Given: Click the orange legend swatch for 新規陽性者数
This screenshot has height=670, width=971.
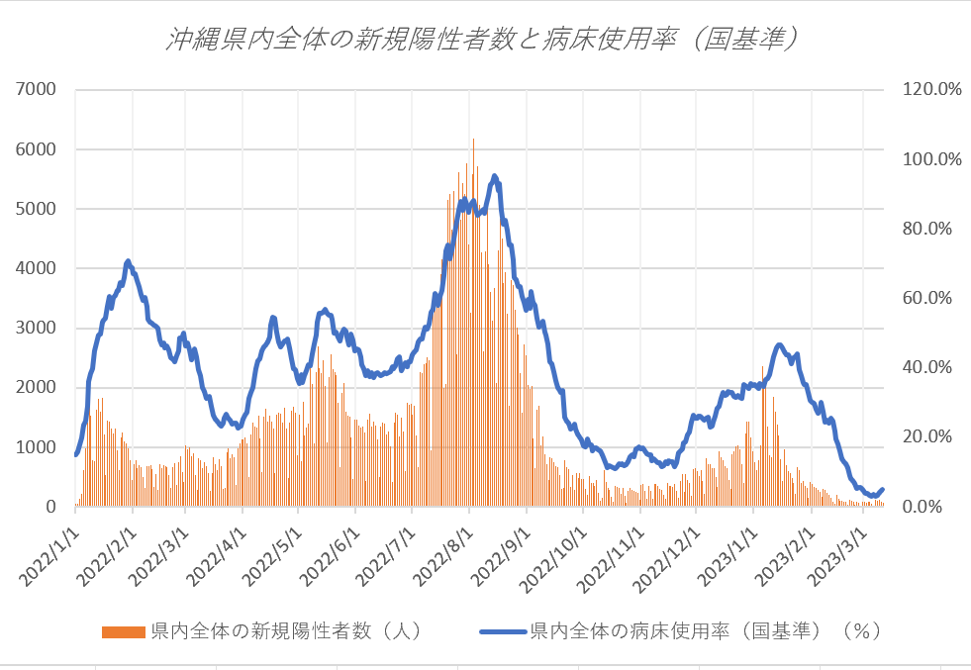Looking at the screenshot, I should coord(124,630).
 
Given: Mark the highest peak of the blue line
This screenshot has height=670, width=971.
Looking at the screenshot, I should coord(494,176).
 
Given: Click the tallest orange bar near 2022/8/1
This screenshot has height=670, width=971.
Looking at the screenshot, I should coord(473,141).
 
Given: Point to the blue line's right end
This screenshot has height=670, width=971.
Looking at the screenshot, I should coord(882,489).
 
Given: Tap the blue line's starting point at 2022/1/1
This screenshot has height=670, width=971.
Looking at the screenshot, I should coord(75,454).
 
